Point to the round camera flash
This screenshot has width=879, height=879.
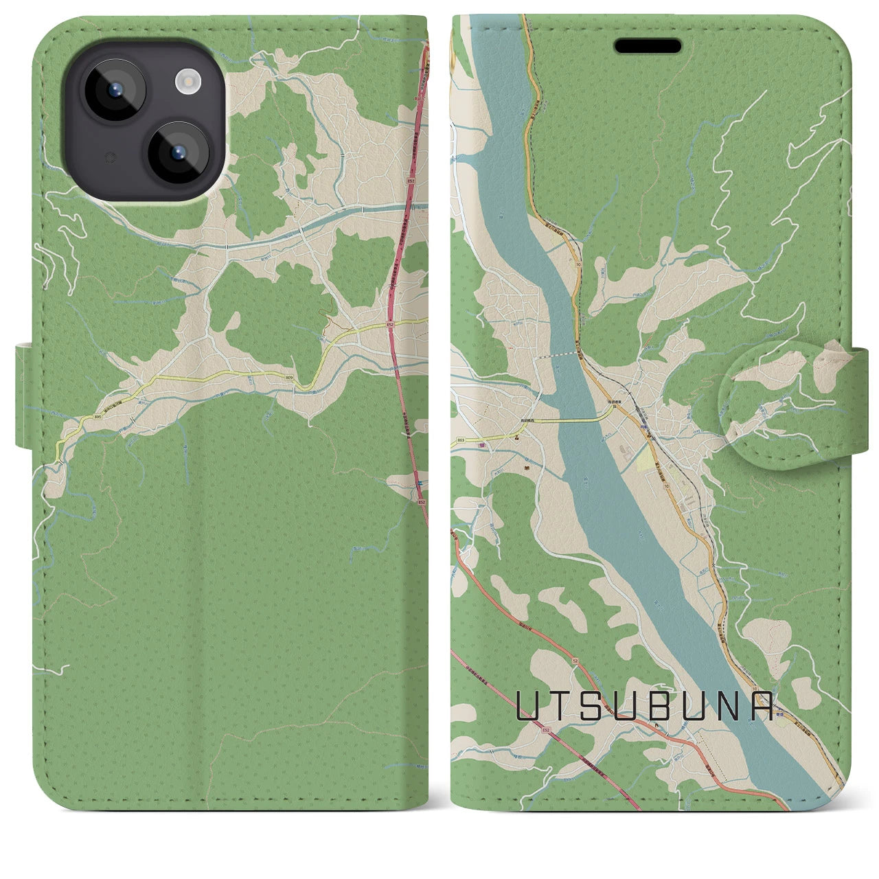[x=186, y=83]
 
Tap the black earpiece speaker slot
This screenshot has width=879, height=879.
[x=648, y=46]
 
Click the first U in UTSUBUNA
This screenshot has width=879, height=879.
[x=527, y=706]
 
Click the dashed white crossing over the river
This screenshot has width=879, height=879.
[x=558, y=355]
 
